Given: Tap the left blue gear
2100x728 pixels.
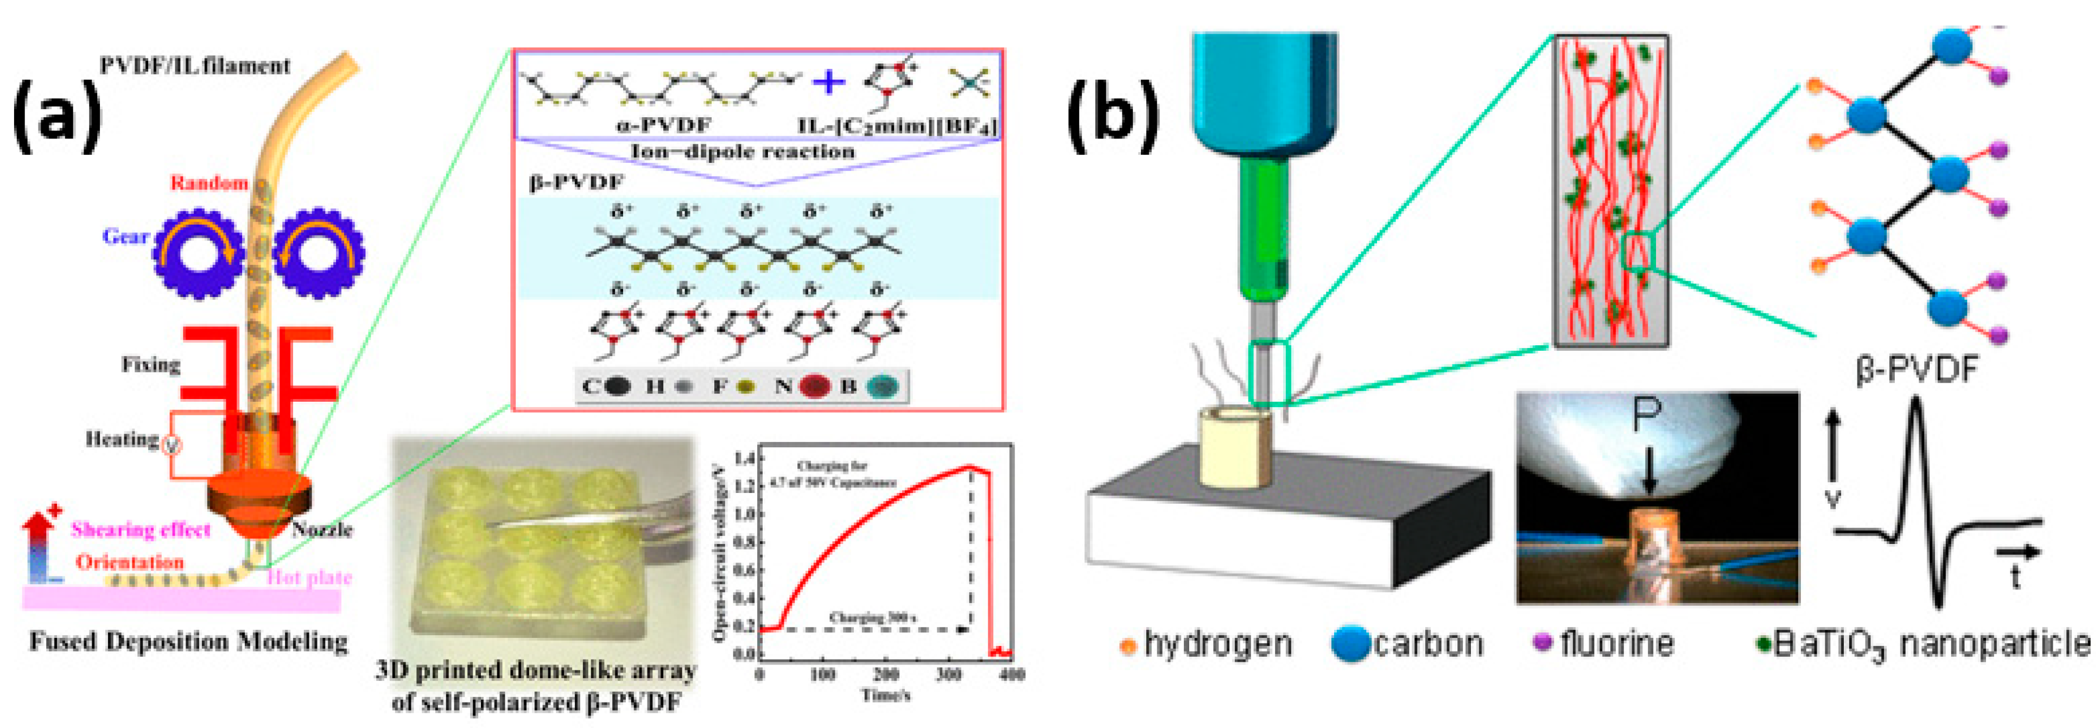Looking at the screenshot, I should click(198, 254).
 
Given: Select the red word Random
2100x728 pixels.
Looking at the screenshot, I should click(208, 182).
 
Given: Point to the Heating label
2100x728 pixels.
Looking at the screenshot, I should click(122, 439).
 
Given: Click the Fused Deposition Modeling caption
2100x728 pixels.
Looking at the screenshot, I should click(188, 642).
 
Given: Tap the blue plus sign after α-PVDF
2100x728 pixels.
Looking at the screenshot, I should click(829, 81).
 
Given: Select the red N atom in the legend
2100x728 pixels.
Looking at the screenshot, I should click(814, 387).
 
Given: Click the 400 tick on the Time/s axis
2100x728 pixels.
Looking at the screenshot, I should click(1012, 675).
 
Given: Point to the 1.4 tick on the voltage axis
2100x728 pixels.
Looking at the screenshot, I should click(742, 459).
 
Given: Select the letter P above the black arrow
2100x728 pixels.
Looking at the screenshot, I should click(1647, 416).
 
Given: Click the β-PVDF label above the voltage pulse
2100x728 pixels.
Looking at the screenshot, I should click(1916, 370).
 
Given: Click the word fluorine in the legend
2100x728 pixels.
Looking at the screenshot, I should click(1616, 644).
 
